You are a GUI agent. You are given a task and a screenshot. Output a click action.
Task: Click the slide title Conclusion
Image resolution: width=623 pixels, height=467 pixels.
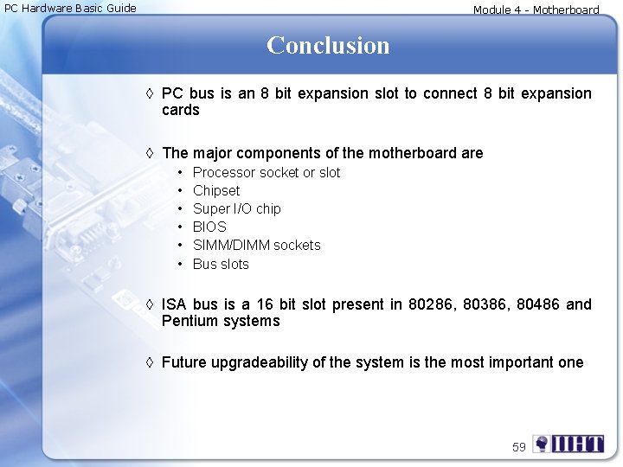(328, 45)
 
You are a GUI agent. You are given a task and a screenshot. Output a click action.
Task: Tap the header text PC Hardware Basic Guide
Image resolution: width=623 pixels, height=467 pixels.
(70, 9)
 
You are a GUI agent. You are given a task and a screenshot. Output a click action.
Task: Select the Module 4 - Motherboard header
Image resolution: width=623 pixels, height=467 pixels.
(536, 10)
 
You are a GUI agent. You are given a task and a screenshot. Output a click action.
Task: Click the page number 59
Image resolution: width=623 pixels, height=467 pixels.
(519, 447)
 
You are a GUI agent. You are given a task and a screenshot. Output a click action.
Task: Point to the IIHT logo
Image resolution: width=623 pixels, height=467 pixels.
(568, 445)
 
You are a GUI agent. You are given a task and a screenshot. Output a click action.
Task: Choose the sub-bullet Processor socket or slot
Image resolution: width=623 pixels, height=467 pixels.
(267, 172)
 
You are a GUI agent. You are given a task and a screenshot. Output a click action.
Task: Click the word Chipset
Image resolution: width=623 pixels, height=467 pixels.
(216, 190)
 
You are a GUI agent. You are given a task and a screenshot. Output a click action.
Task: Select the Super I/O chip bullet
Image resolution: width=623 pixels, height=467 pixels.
(236, 208)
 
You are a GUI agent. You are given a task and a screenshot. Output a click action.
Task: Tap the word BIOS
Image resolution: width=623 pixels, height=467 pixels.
(209, 227)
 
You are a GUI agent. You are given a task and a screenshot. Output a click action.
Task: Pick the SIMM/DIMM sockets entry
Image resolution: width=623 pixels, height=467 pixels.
(256, 245)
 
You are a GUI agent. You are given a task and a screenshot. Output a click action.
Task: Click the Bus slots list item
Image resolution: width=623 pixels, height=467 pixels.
(221, 264)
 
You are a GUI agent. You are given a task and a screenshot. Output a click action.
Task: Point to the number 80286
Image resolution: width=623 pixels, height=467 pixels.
(434, 304)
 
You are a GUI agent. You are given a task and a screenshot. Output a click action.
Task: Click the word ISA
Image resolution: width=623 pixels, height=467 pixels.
(174, 304)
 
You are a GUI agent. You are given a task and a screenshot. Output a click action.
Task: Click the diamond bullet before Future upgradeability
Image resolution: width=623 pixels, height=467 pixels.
(151, 362)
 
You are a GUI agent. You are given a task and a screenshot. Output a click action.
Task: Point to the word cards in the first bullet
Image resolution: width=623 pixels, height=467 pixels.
(181, 110)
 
